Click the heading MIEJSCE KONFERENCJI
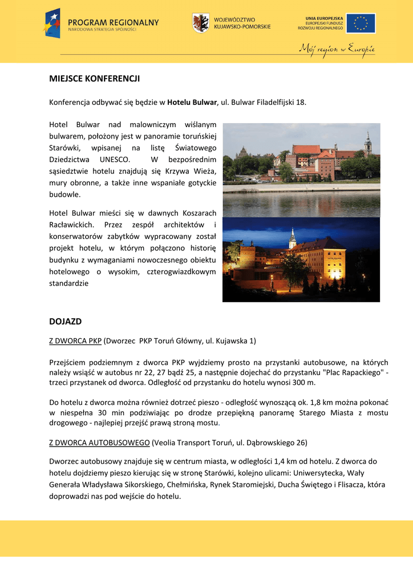(95, 79)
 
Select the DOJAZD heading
(66, 322)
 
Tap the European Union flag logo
(361, 23)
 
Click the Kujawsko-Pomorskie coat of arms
(200, 23)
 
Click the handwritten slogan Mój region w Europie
(337, 48)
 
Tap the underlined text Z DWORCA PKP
(75, 341)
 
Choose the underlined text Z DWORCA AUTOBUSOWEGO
(99, 443)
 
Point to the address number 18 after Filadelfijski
(299, 103)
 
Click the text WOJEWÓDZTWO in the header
(235, 19)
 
